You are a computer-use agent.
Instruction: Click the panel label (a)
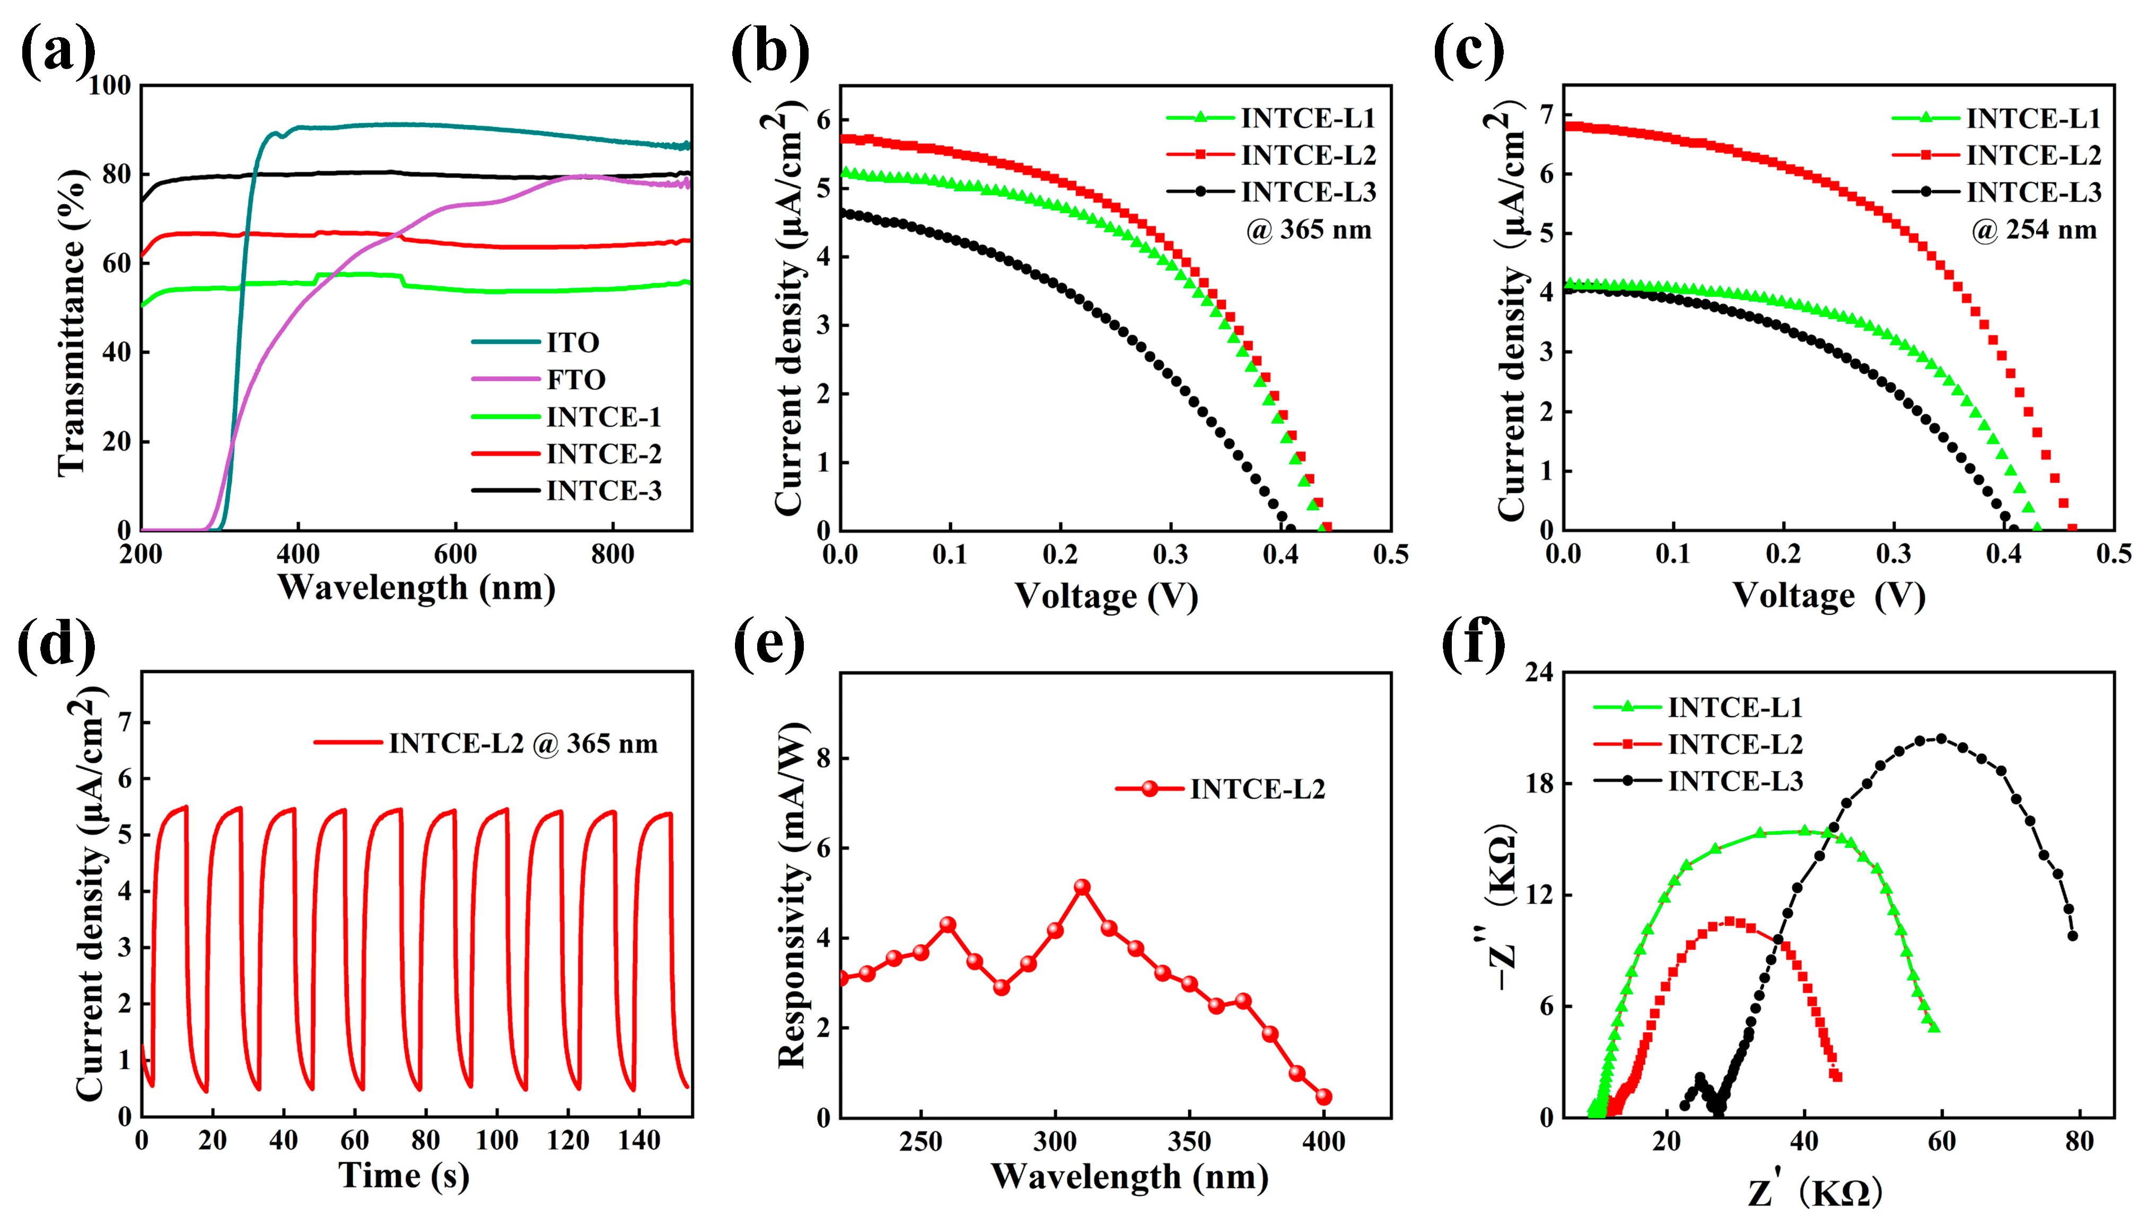tap(57, 52)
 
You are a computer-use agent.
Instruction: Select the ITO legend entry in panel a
tap(573, 342)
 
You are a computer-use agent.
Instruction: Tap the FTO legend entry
tap(576, 379)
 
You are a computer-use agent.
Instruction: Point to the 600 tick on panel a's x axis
tap(455, 554)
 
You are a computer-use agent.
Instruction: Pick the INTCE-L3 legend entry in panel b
tap(1308, 192)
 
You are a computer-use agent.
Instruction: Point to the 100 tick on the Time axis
tap(497, 1141)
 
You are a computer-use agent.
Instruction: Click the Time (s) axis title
tap(404, 1176)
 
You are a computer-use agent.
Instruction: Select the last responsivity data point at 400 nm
tap(1323, 1097)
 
